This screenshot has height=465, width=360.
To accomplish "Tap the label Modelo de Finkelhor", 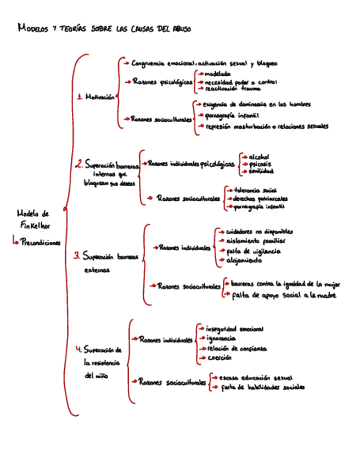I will tap(33, 219).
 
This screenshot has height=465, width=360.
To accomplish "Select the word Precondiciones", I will tap(41, 242).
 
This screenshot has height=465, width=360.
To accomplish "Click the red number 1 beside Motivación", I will tap(80, 98).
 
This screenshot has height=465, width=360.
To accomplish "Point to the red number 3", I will tap(77, 256).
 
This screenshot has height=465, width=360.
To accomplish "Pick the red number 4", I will tap(78, 349).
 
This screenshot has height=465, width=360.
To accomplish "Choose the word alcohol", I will tap(259, 157).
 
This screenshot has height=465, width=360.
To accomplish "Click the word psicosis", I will tap(260, 164).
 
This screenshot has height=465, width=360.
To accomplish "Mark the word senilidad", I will tap(261, 171).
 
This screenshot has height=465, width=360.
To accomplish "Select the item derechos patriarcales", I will tap(260, 199).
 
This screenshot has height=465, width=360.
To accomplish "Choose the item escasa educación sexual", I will tap(255, 378).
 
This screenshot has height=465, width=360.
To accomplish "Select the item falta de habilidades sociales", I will tap(262, 387).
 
